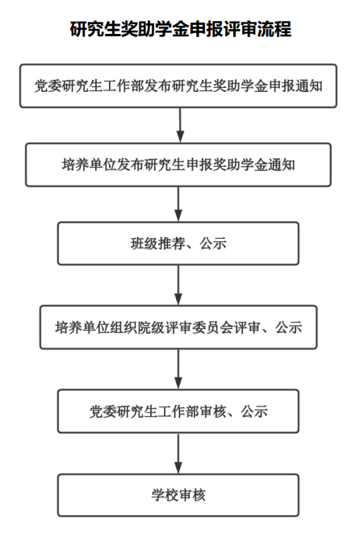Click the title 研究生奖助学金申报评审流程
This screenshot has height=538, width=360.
[x=181, y=29]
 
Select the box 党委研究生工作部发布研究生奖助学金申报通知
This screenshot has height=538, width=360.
[x=178, y=85]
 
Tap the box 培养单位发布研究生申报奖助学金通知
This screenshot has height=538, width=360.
[x=178, y=165]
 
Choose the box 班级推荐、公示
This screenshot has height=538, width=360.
[x=178, y=244]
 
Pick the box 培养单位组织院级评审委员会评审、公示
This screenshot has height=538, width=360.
[x=178, y=327]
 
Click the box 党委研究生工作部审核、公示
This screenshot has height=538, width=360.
[x=178, y=411]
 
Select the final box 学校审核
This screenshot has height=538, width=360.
[x=178, y=495]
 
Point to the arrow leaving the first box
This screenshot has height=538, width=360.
[x=180, y=125]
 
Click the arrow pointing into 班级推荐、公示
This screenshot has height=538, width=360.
[x=178, y=204]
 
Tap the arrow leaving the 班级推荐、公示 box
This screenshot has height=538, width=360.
[x=178, y=285]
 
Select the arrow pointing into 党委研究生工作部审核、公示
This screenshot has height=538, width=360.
[x=178, y=369]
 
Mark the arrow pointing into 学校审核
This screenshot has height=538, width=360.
[x=178, y=453]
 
